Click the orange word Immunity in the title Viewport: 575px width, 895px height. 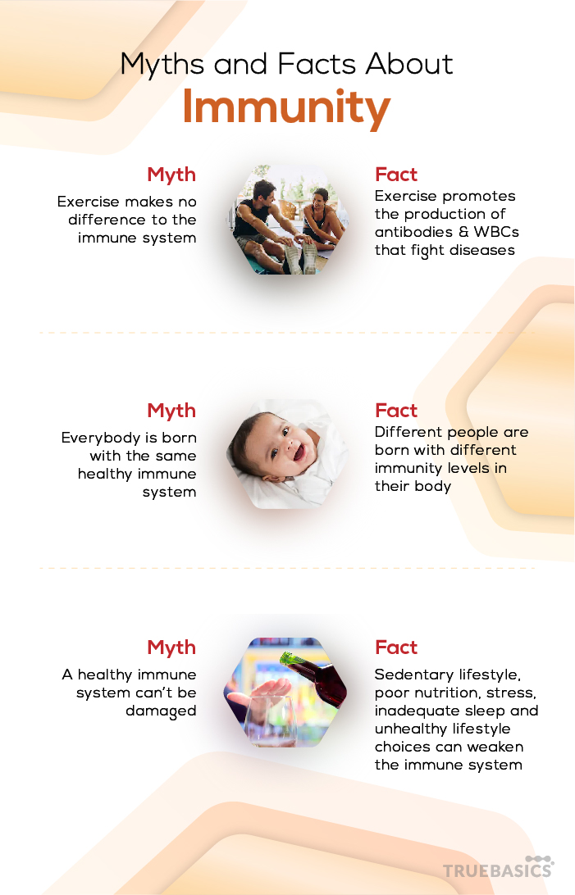click(x=286, y=108)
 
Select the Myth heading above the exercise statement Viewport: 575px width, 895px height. click(x=171, y=175)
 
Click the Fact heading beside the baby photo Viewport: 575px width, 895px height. click(x=396, y=411)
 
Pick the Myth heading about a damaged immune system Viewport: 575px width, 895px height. click(x=171, y=647)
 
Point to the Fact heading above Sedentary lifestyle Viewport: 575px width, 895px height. click(x=396, y=647)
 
